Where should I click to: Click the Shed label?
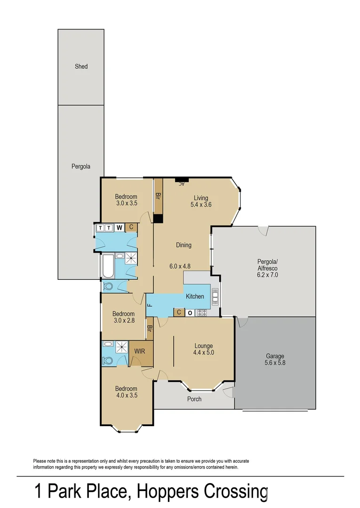click(81, 66)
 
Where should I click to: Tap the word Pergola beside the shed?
click(80, 167)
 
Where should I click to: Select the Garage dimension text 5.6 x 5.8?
click(275, 363)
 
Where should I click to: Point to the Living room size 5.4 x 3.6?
click(199, 205)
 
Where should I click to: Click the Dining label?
click(184, 245)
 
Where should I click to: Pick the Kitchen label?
click(195, 296)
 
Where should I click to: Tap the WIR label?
click(140, 351)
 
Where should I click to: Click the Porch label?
click(194, 399)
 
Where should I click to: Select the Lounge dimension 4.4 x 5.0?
click(204, 352)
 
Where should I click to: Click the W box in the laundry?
click(120, 228)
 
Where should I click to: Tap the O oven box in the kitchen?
click(190, 312)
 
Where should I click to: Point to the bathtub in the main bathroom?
click(107, 266)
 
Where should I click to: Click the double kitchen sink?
click(215, 296)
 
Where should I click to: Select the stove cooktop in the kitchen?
click(201, 312)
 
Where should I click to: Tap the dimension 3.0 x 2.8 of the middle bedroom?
click(123, 321)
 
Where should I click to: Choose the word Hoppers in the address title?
click(168, 492)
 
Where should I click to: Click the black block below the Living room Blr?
click(158, 219)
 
